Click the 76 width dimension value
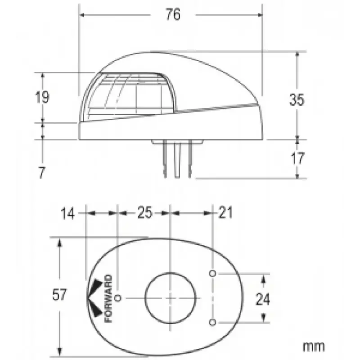[173, 14]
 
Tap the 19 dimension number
[42, 97]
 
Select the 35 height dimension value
[297, 99]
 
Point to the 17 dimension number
[297, 158]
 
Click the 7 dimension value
[41, 173]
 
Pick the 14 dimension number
[68, 213]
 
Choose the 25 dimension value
[145, 212]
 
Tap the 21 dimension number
[226, 212]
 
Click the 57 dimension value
[59, 295]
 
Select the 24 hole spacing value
[263, 299]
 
